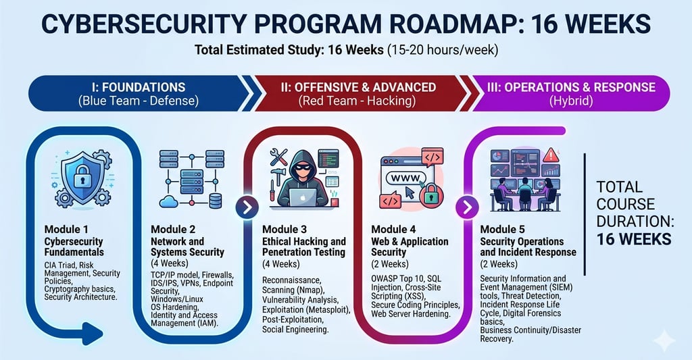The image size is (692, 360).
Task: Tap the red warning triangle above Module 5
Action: click(x=551, y=154)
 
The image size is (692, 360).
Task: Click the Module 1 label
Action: click(x=66, y=229)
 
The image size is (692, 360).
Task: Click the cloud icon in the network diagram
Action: click(x=170, y=201)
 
